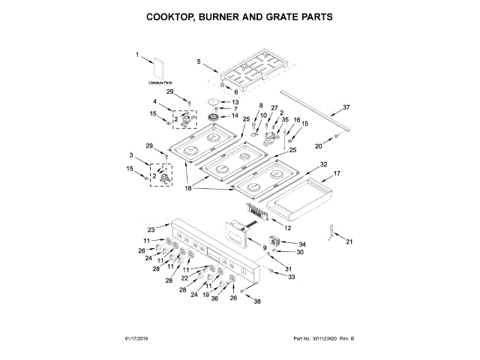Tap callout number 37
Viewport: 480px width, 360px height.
tap(346, 107)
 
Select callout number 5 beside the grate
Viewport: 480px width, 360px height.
tap(199, 61)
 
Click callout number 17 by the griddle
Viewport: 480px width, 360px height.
tap(337, 173)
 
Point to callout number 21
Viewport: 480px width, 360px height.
tap(348, 241)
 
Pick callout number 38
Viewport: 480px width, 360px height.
tap(257, 301)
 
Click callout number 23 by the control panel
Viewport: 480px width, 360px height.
tap(151, 229)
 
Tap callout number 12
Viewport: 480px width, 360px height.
tap(288, 227)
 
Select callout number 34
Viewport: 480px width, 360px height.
tap(303, 244)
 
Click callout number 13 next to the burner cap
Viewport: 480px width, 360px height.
tap(235, 102)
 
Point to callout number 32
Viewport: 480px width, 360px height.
tap(324, 164)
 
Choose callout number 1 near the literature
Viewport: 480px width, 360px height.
tap(138, 55)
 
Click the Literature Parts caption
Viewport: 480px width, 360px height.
tap(160, 82)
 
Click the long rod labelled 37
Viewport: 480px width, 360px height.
tap(315, 113)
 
